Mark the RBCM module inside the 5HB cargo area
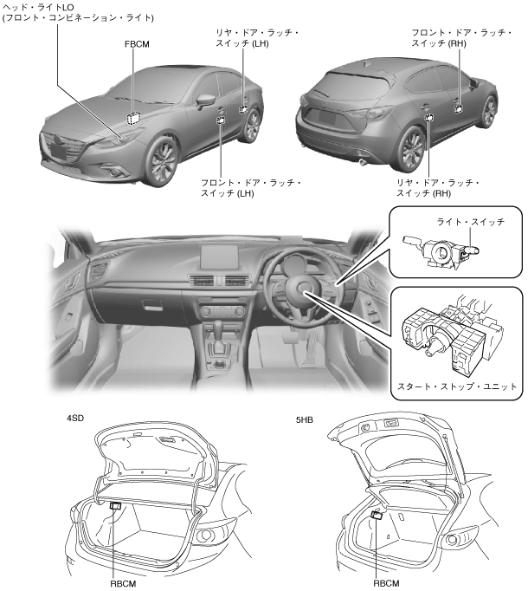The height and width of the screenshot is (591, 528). pos(377,515)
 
